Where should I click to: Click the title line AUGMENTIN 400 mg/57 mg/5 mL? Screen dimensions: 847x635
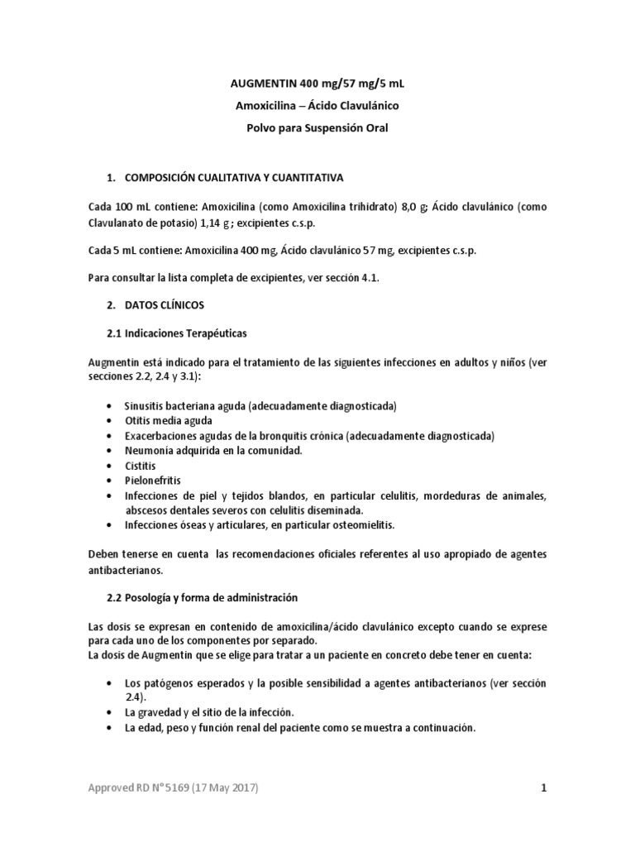[317, 84]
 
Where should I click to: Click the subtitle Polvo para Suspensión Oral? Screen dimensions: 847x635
[317, 128]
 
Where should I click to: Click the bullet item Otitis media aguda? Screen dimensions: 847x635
[169, 420]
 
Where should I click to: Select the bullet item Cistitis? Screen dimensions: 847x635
[140, 465]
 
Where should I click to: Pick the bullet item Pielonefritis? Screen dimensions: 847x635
[152, 480]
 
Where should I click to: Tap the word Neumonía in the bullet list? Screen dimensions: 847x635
[147, 450]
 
